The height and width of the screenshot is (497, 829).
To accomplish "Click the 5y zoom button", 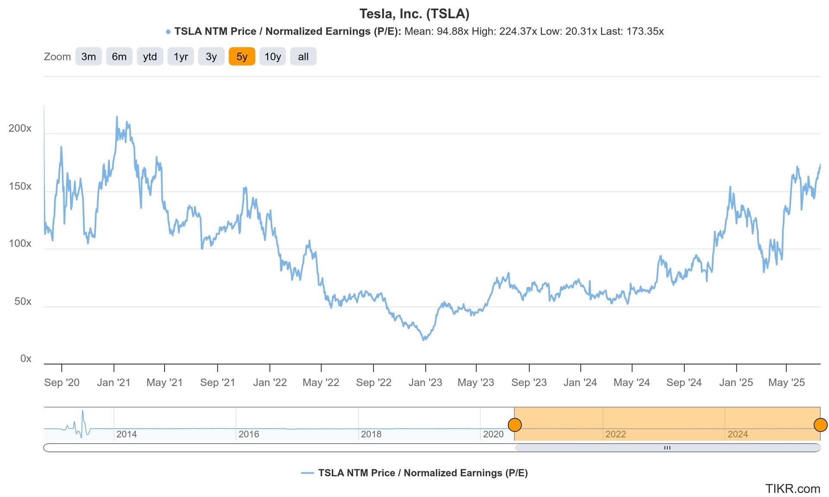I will click(x=242, y=57).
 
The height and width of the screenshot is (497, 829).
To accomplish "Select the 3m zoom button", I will click(x=89, y=57).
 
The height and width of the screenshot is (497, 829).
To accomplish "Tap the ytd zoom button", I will click(x=150, y=57).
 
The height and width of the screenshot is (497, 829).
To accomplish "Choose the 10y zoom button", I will click(x=272, y=57).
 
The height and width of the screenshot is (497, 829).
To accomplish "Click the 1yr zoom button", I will click(x=180, y=57).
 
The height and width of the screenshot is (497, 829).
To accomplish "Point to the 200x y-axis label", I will click(x=20, y=128).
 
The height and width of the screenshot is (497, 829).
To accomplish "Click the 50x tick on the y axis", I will click(x=23, y=301).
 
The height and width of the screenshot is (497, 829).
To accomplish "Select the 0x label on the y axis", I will click(x=26, y=359).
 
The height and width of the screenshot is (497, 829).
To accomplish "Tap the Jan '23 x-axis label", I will click(x=425, y=382).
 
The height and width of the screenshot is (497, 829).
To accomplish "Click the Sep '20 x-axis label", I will click(x=62, y=382).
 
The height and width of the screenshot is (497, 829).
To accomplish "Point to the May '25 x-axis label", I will click(x=786, y=382).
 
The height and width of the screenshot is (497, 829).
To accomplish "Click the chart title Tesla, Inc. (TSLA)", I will click(x=414, y=14).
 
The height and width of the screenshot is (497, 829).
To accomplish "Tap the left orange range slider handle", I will click(x=515, y=425).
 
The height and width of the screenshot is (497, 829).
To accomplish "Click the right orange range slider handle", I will click(x=820, y=425).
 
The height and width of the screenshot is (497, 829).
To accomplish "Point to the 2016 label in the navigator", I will click(x=249, y=434).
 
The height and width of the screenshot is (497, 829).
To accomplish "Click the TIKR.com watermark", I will click(x=792, y=488).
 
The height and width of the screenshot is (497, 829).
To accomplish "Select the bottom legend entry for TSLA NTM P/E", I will click(x=414, y=473).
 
